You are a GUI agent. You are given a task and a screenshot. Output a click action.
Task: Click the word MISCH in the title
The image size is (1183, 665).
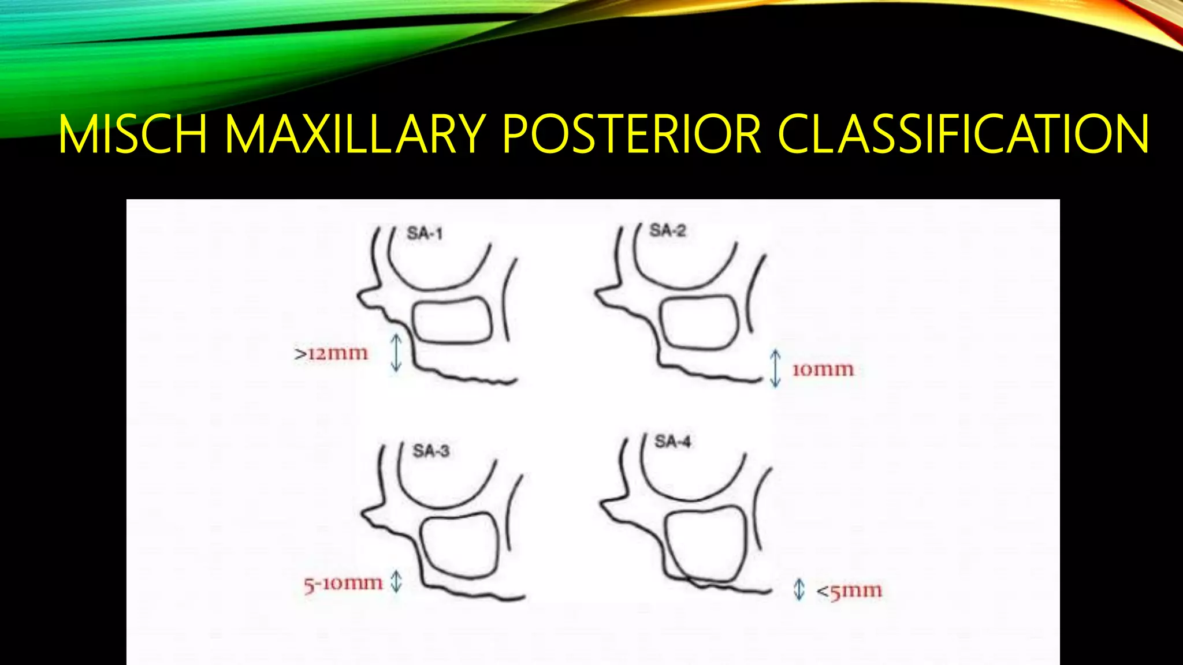click(x=132, y=134)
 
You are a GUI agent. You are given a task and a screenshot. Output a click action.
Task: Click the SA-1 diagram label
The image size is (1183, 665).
click(x=425, y=233)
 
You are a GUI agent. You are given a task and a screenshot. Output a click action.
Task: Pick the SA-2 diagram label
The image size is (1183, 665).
click(x=668, y=230)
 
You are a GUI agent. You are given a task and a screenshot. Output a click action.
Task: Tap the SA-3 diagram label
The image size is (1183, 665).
click(x=431, y=450)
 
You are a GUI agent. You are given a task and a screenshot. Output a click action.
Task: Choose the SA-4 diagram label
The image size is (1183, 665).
click(x=672, y=442)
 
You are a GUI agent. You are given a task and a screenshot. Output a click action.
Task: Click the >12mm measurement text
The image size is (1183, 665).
click(x=331, y=353)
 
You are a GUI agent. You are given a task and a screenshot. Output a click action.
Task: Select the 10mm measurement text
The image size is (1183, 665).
click(x=823, y=369)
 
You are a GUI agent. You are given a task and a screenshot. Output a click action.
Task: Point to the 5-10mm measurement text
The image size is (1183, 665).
click(x=343, y=584)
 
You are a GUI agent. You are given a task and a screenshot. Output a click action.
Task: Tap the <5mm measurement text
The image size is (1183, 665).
click(x=849, y=591)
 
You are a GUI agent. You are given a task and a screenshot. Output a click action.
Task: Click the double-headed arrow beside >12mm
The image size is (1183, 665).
click(x=396, y=352)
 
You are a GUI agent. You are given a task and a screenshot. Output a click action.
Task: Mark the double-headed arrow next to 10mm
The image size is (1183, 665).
click(x=776, y=368)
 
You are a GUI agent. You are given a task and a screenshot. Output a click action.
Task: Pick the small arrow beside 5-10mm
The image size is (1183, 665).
click(x=396, y=581)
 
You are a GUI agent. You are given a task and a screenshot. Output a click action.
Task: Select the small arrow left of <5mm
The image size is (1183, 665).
click(x=799, y=589)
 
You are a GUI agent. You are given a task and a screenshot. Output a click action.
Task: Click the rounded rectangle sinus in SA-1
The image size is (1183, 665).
click(x=452, y=321)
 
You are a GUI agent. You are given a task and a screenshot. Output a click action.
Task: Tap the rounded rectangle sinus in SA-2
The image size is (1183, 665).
click(x=700, y=323)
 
